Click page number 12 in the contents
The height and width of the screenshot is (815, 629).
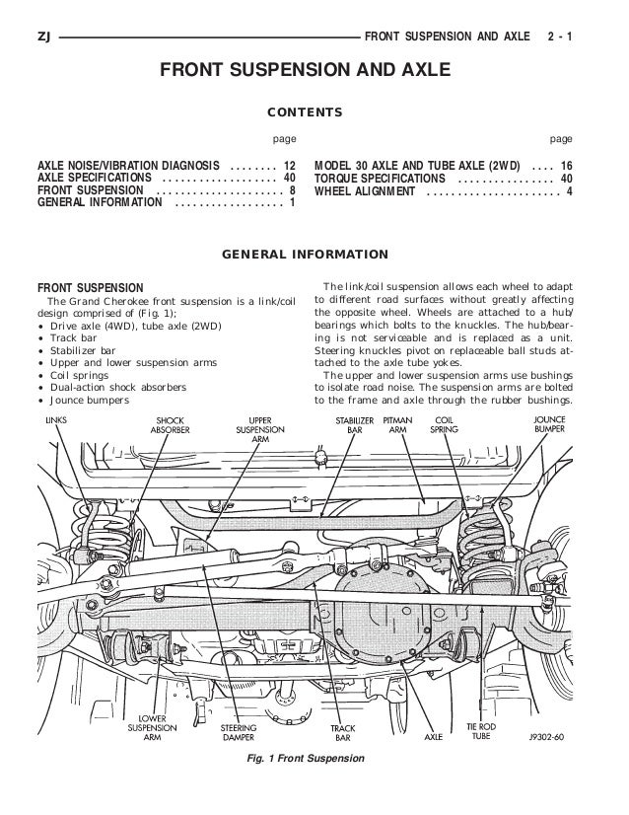(289, 164)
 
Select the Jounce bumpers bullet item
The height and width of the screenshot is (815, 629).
(90, 400)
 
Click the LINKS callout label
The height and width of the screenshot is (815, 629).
(57, 419)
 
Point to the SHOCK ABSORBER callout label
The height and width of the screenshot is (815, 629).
(170, 425)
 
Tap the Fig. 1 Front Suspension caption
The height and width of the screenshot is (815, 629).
(308, 758)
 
